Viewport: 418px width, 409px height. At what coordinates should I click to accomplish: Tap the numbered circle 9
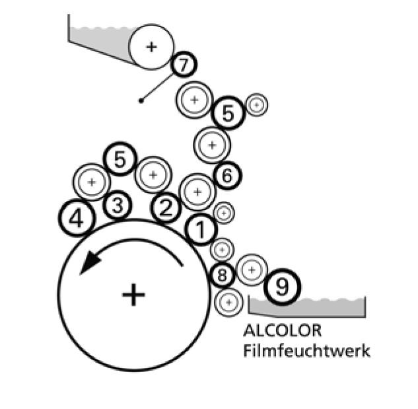click(282, 287)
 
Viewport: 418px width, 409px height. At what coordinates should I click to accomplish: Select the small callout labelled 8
click(222, 274)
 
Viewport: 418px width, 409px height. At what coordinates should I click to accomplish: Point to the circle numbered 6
click(226, 176)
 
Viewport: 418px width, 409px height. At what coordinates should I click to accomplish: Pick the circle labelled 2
click(166, 209)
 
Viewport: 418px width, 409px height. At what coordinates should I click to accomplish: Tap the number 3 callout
click(118, 205)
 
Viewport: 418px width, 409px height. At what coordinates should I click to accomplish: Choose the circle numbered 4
click(77, 217)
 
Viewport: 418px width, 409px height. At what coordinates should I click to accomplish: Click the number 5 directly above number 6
click(228, 114)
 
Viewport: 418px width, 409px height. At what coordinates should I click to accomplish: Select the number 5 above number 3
click(120, 159)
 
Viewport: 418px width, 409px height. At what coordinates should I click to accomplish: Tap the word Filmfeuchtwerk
click(306, 350)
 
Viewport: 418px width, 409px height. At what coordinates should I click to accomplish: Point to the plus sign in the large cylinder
click(133, 294)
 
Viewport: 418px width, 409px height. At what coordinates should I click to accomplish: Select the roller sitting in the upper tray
click(151, 46)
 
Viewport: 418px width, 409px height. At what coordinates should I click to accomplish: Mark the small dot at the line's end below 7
click(141, 101)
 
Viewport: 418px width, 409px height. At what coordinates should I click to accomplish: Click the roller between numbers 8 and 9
click(250, 270)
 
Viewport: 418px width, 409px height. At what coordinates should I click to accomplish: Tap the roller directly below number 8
click(228, 302)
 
